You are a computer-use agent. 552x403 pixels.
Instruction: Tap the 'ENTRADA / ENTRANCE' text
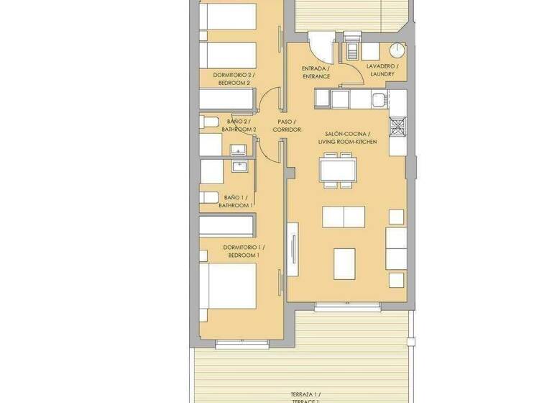(316, 72)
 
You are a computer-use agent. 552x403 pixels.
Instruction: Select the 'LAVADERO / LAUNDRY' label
(381, 69)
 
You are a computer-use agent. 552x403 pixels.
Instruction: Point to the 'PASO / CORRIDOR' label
(286, 125)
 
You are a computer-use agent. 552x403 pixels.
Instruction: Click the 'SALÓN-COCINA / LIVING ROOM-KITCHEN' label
(347, 138)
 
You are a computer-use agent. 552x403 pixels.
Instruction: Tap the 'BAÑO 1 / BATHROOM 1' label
(238, 201)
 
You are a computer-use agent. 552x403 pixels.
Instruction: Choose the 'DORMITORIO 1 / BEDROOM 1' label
(234, 252)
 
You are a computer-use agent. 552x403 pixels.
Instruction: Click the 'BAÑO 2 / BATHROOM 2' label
(236, 125)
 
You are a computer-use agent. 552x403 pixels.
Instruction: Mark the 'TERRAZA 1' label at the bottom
(305, 394)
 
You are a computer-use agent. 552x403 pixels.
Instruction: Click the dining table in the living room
(338, 170)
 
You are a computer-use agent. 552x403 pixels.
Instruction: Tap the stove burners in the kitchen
(397, 127)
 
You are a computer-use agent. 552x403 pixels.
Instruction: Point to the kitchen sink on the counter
(338, 96)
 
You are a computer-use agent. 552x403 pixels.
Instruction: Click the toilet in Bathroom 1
(208, 196)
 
